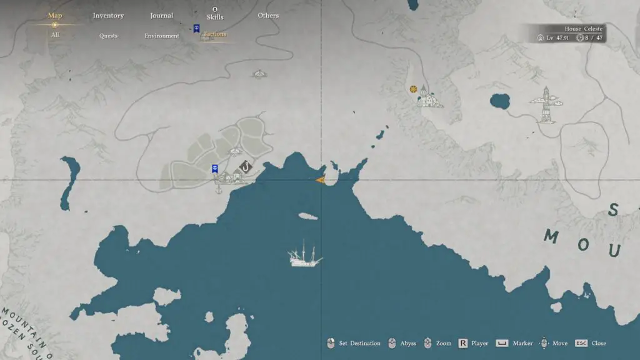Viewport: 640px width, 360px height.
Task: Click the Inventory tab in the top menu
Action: click(108, 16)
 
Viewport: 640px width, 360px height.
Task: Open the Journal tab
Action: click(161, 16)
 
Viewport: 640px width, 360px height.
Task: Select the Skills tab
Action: click(215, 17)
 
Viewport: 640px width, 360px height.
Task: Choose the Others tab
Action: click(268, 16)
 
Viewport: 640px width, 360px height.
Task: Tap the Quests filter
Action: click(108, 36)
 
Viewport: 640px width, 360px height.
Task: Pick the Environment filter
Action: click(162, 36)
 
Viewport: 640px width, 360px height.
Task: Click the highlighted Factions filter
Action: click(215, 34)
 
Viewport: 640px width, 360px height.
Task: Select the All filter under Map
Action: click(55, 35)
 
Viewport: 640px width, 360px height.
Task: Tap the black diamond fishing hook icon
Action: click(246, 167)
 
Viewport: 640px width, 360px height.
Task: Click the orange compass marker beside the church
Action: click(413, 89)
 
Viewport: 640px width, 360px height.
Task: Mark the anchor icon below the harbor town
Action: click(219, 189)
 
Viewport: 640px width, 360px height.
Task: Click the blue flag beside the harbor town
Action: click(214, 168)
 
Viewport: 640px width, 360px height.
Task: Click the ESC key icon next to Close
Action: click(581, 343)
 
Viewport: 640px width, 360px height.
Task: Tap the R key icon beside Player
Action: click(463, 343)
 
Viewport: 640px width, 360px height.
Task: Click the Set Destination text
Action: click(359, 343)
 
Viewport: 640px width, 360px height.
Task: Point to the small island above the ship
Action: click(307, 217)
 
